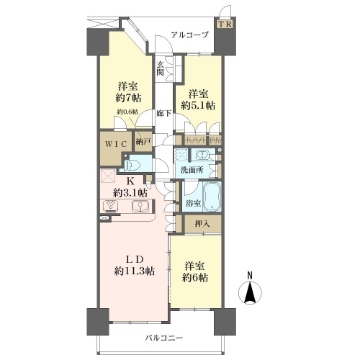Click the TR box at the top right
225,24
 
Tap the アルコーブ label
189,35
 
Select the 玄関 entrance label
161,68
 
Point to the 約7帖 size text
128,97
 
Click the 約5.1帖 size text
198,105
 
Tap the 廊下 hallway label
164,113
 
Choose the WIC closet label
116,144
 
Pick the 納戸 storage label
143,142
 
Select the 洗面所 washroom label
192,170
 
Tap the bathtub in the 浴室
212,197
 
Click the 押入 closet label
202,224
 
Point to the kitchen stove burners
111,206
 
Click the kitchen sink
140,207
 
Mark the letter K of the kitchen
130,181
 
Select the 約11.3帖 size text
134,271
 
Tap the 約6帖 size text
195,277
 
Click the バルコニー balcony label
164,338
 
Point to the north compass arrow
250,292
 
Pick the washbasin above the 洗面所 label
203,155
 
